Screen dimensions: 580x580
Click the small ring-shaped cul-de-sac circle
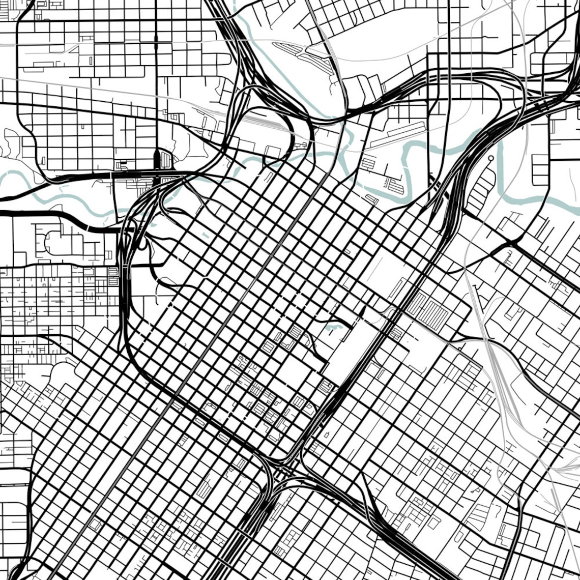point(490,158)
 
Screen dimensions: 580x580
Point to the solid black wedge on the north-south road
point(157,160)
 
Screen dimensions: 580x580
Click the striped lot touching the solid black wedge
point(166,161)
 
